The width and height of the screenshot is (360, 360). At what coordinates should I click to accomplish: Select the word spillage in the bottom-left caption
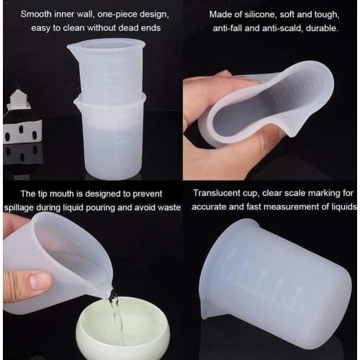click(24, 207)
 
